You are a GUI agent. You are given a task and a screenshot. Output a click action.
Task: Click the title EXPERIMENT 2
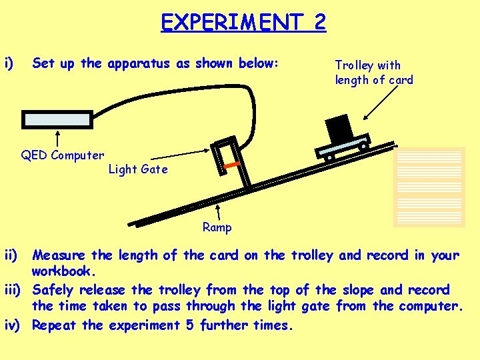tap(243, 22)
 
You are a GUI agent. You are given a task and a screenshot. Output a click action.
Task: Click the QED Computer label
tap(62, 155)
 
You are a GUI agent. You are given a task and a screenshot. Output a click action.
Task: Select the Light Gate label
tap(138, 169)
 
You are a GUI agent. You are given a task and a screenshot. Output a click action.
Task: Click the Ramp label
tap(217, 227)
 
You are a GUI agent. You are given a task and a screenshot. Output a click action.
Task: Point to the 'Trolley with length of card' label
tap(373, 73)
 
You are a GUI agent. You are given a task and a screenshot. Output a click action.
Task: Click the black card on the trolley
tap(339, 127)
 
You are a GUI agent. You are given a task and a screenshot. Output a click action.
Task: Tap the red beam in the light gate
tap(231, 164)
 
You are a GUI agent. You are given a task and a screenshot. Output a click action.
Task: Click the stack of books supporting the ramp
tap(429, 186)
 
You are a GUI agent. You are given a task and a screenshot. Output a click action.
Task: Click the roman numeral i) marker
tap(9, 63)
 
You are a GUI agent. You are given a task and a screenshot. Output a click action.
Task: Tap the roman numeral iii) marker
tap(15, 289)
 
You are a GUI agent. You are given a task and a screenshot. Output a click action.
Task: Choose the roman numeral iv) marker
tap(15, 325)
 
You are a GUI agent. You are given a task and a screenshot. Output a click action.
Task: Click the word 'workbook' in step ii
tap(63, 272)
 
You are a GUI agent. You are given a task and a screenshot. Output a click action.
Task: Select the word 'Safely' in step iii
tap(56, 289)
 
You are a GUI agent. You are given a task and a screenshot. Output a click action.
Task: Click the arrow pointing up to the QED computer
tap(59, 139)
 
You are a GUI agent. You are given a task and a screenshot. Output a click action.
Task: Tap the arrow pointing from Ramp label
tap(219, 211)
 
